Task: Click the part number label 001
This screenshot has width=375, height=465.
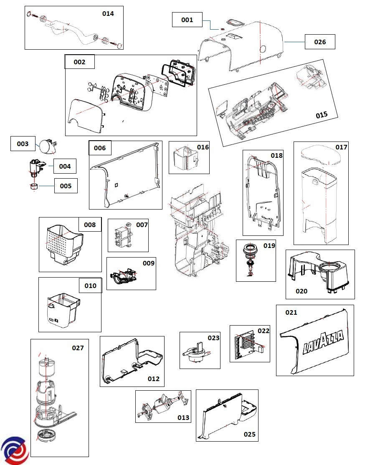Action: pos(187,20)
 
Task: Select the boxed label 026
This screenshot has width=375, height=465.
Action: pos(319,42)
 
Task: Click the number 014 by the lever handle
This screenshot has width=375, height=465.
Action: pos(108,14)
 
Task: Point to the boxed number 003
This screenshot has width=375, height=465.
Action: pos(23,144)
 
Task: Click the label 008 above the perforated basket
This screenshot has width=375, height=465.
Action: pos(90,225)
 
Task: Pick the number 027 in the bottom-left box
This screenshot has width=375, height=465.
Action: pos(78,348)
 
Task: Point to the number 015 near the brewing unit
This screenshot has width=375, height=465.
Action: pos(322,115)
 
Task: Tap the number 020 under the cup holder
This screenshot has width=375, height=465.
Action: pos(302,291)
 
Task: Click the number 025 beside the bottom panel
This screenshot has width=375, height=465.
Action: pos(249,434)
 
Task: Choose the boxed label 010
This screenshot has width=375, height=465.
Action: pos(90,286)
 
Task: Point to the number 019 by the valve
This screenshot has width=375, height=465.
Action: pos(269,245)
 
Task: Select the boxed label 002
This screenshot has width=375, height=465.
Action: pos(79,62)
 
